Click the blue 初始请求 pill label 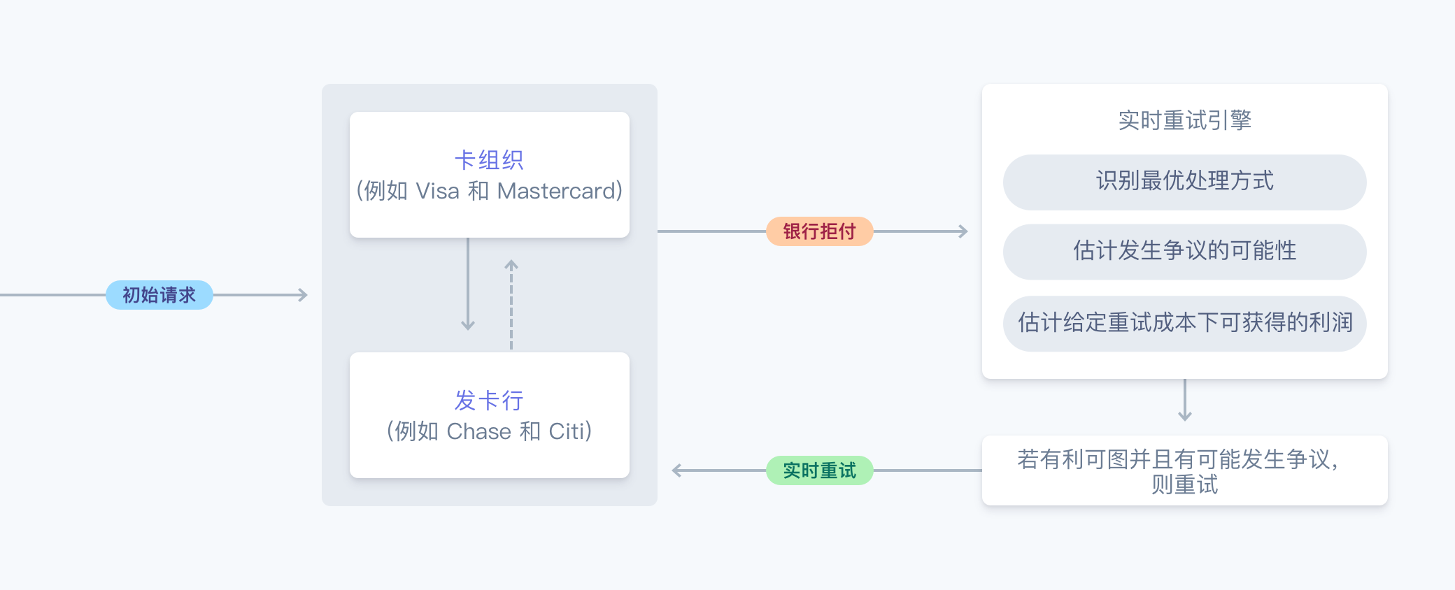click(x=159, y=295)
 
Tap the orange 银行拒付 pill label click(x=819, y=231)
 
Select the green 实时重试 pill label click(x=819, y=470)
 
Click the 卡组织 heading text click(x=489, y=160)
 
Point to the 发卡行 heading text click(x=489, y=401)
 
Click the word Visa click(x=437, y=191)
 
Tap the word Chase click(x=478, y=431)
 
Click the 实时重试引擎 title click(x=1184, y=120)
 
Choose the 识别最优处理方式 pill click(x=1184, y=182)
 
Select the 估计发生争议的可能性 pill click(x=1184, y=252)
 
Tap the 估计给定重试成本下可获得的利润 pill click(x=1184, y=323)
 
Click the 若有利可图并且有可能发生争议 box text click(x=1184, y=470)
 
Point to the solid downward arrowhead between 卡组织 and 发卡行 click(x=468, y=326)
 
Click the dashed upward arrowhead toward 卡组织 click(x=511, y=264)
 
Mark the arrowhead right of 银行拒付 click(x=964, y=231)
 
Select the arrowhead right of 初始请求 click(x=304, y=295)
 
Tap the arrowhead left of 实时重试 click(x=676, y=470)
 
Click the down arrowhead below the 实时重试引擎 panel click(x=1184, y=417)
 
